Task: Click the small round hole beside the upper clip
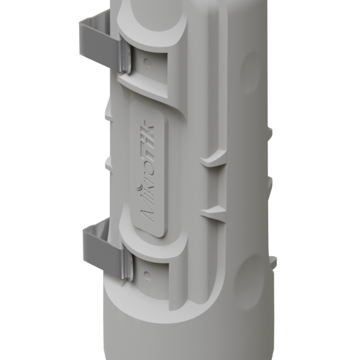[148, 58]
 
